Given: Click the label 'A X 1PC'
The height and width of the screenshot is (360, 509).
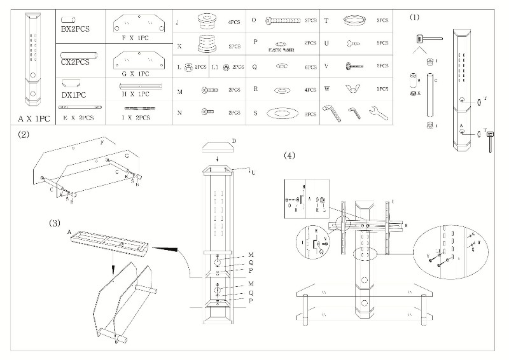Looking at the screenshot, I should [34, 119].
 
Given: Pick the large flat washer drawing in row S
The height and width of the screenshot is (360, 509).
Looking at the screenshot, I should [281, 113].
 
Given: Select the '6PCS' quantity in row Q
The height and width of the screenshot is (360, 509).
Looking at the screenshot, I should [310, 67].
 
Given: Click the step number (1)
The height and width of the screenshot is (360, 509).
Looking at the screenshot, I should [415, 17].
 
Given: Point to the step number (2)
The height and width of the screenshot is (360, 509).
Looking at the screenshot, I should [24, 134].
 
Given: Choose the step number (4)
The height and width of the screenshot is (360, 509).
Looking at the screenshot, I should [289, 155].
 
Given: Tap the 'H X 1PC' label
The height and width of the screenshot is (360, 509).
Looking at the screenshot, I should [134, 94].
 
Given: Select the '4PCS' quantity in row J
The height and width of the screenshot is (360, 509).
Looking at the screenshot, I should [234, 22].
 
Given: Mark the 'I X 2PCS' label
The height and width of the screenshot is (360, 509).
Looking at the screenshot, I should [136, 118].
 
